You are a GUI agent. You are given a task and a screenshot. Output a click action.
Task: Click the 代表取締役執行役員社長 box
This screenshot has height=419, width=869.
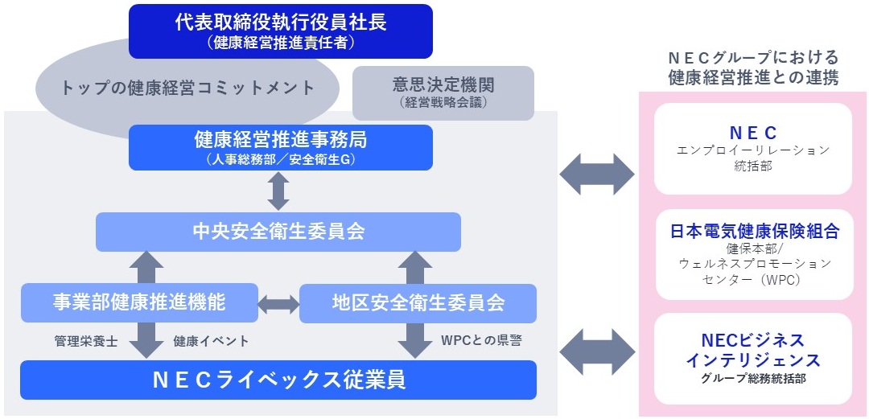[x=281, y=31]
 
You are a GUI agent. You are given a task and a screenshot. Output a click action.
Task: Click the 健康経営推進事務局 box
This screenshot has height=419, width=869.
[x=281, y=146]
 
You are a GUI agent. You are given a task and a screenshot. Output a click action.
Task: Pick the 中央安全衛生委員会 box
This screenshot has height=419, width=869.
[x=278, y=232]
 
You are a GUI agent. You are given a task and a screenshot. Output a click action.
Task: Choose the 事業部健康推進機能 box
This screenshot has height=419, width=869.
[x=139, y=302]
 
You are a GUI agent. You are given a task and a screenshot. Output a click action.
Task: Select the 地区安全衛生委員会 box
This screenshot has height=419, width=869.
[x=418, y=303]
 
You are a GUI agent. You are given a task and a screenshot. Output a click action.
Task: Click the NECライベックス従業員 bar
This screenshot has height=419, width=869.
[x=278, y=380]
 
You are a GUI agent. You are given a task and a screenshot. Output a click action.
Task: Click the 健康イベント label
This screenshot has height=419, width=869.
[x=211, y=341]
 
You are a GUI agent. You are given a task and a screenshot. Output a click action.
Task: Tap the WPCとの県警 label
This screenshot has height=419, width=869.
[x=481, y=340]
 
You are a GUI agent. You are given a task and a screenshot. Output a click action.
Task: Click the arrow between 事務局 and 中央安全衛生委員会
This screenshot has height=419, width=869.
[x=278, y=191]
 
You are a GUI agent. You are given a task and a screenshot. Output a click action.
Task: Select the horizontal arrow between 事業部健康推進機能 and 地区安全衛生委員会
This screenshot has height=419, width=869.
[x=278, y=303]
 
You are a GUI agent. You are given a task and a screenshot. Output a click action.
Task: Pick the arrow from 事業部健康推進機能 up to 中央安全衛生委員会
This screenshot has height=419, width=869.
[x=146, y=266]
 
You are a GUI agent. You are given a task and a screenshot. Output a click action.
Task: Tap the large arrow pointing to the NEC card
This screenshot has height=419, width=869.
[x=597, y=173]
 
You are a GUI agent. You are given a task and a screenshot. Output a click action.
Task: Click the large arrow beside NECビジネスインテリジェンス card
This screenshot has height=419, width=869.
[x=597, y=351]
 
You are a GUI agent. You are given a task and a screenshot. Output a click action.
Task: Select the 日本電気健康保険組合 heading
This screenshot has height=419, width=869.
[x=754, y=232]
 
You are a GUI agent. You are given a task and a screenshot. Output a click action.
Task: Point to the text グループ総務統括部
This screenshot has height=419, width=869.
[x=753, y=378]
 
